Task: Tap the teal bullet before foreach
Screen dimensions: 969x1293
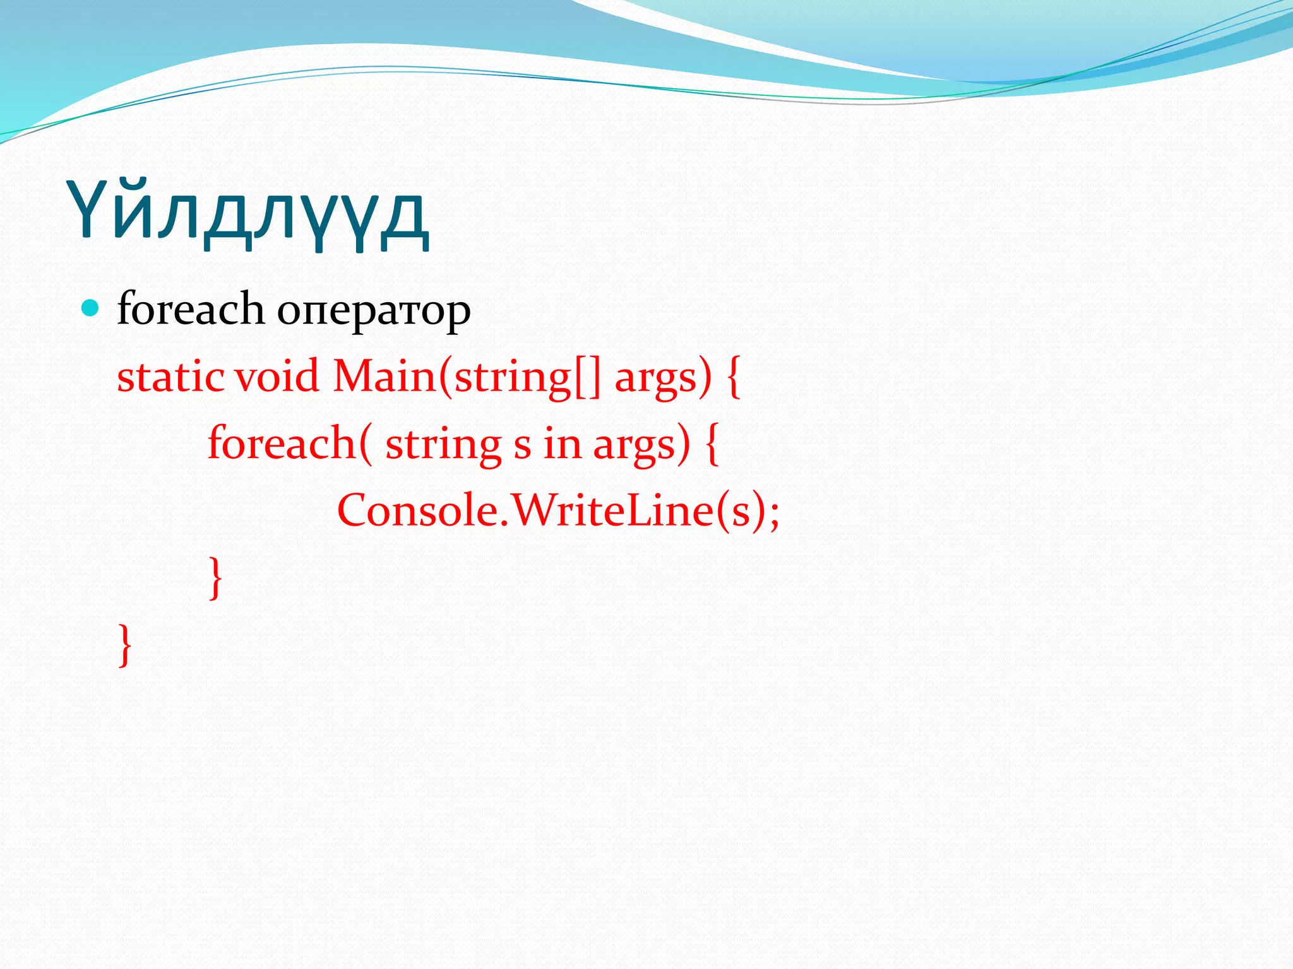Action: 91,308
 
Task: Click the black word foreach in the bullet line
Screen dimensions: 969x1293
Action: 190,310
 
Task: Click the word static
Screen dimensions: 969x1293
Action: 170,377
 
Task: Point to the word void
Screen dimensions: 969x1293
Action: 277,377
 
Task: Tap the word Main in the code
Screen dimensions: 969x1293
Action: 384,377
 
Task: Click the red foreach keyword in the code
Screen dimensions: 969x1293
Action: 282,443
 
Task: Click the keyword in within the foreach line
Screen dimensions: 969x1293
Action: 562,443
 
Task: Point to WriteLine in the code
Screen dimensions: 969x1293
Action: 612,510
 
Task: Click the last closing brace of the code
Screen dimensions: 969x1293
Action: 125,645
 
